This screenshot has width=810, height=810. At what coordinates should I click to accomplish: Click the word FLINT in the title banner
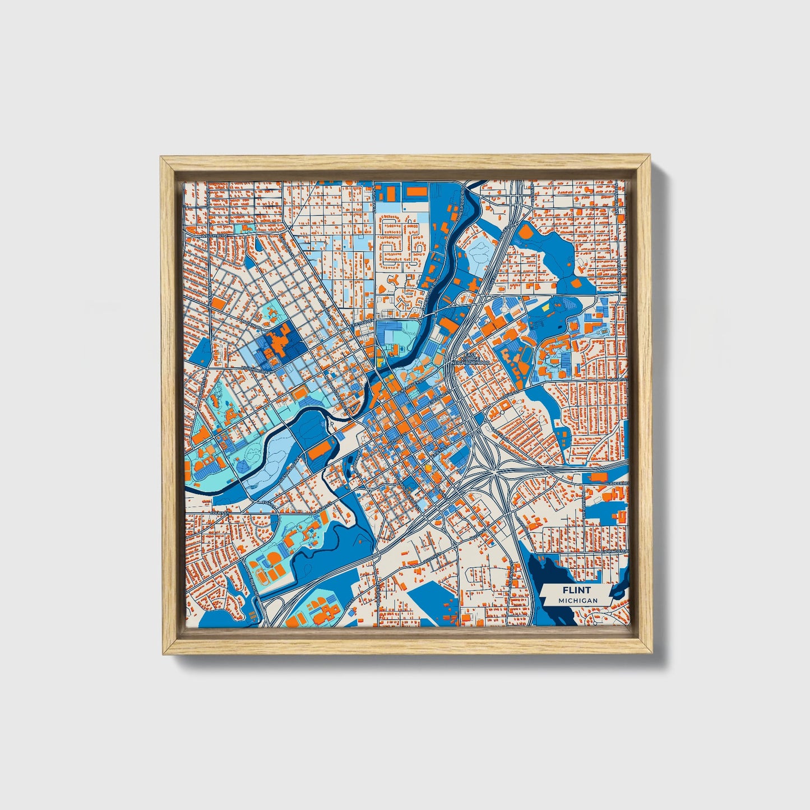577,590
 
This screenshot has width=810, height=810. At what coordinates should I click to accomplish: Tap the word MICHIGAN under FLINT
577,600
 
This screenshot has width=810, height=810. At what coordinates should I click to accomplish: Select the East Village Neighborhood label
470,359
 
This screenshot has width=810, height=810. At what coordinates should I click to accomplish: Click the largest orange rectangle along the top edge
416,192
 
